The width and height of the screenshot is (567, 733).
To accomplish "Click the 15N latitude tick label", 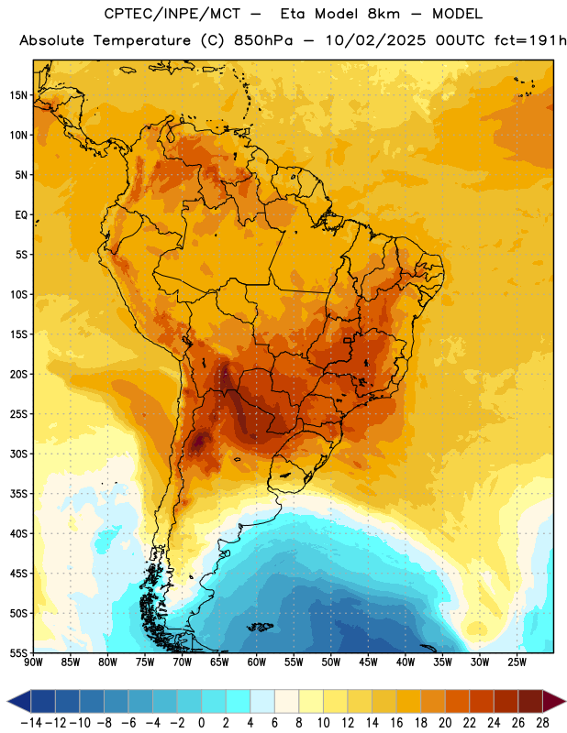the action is [18, 95].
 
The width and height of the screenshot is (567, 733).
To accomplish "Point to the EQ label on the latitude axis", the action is [21, 215].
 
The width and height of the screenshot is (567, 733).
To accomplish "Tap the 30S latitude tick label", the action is [18, 454].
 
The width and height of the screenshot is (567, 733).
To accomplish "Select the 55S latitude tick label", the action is [18, 652].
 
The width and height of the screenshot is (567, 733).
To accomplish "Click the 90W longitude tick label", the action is [34, 662].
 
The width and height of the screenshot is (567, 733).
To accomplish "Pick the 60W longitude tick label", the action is [257, 662].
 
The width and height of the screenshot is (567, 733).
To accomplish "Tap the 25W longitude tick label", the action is [517, 662].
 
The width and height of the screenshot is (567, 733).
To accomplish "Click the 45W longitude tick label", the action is [368, 662].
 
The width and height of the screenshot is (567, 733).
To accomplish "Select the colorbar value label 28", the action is [542, 723].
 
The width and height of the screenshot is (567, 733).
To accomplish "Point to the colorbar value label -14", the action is [31, 723].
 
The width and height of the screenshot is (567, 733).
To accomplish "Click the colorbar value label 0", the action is [201, 723].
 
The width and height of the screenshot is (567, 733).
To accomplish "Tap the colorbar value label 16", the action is [396, 723].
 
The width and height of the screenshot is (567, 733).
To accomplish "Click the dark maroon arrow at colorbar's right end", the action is [554, 701].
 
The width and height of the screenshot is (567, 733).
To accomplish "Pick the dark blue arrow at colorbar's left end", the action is [18, 701].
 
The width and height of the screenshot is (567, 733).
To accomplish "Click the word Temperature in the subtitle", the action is [142, 40].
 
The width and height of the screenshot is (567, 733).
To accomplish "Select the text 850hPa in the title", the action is [263, 40].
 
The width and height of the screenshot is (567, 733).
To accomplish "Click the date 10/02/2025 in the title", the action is [375, 40].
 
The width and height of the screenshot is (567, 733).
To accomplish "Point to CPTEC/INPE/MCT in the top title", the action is [172, 14].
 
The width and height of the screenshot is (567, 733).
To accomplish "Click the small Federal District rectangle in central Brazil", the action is [348, 340].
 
